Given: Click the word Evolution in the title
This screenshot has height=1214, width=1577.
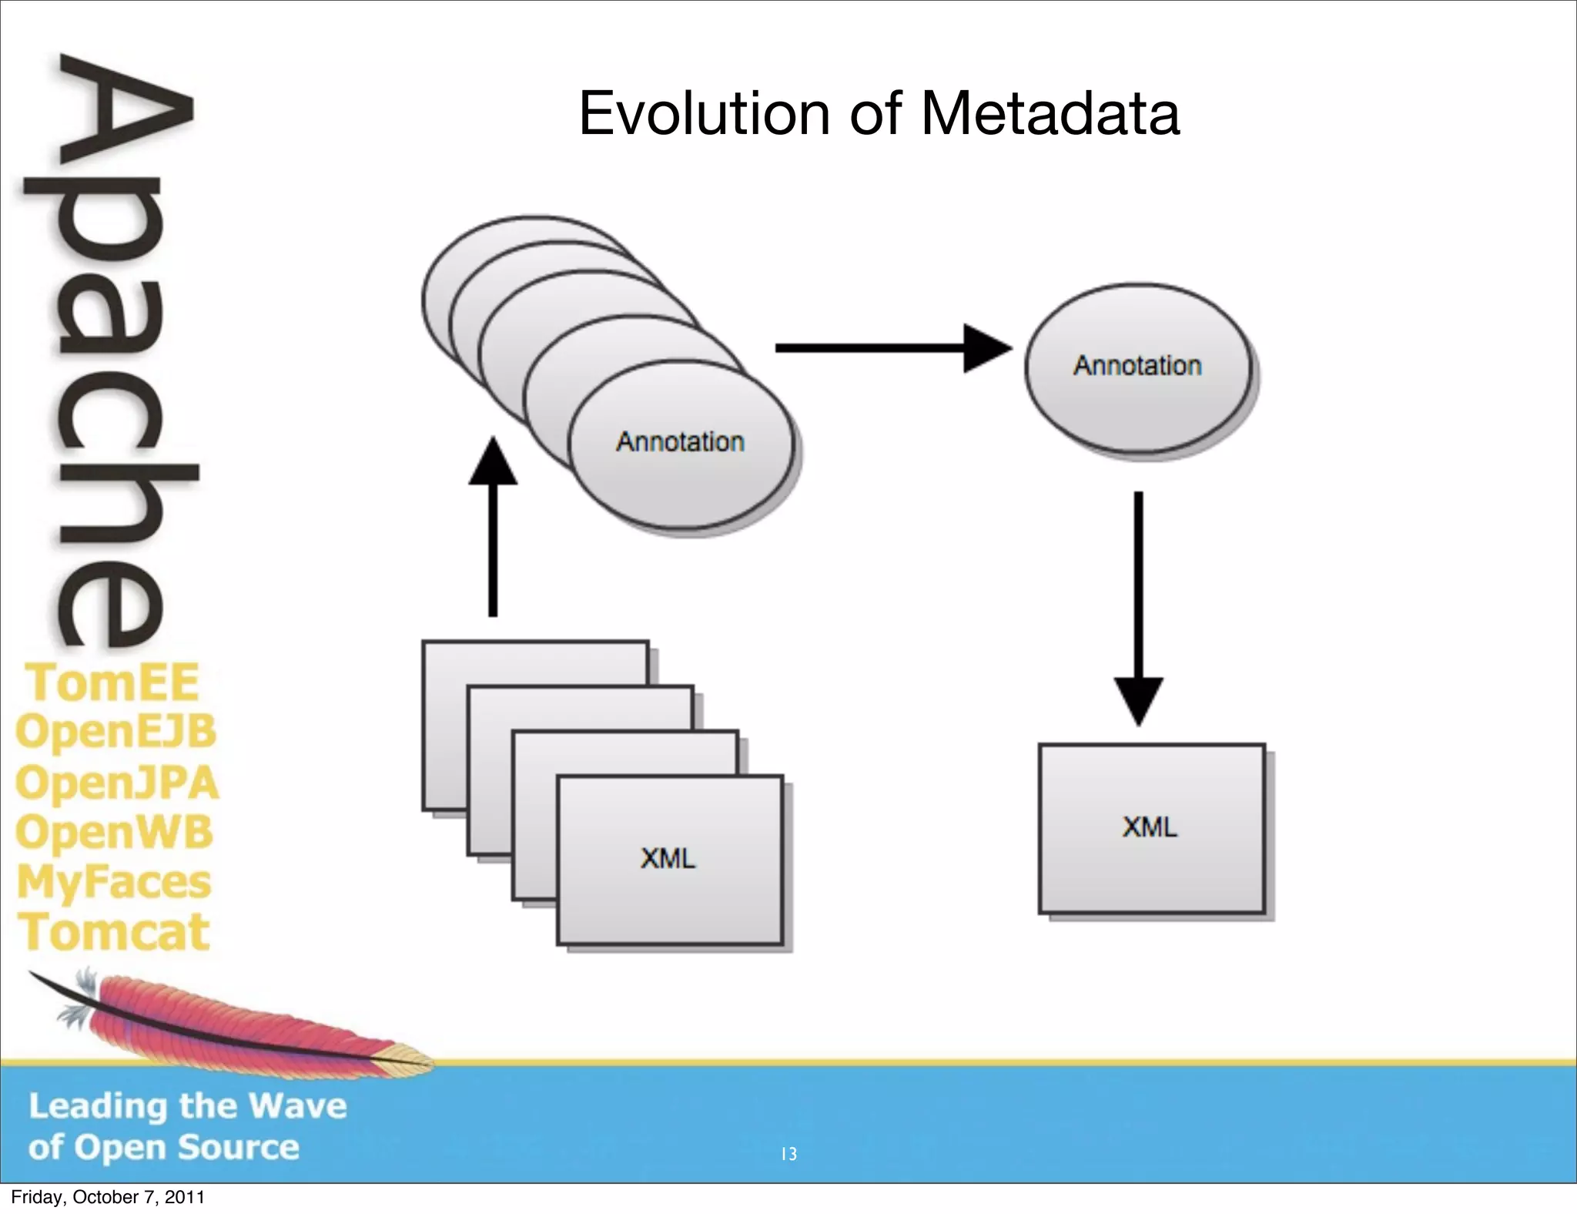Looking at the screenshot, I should [703, 114].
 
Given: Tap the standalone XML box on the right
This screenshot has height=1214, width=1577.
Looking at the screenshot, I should [1151, 828].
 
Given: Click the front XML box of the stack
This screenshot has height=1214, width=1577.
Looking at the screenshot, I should [669, 859].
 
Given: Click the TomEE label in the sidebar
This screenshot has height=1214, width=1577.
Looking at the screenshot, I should [113, 682].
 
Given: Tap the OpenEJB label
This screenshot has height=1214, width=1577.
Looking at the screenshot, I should [116, 732].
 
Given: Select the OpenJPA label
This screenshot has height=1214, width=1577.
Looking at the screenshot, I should [117, 783].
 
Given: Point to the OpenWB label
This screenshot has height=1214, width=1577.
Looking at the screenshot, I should [114, 833].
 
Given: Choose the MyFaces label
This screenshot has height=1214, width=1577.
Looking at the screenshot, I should [114, 883].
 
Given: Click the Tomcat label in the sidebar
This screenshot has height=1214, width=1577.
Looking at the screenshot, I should [114, 932].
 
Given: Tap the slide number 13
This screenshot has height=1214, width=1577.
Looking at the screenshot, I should [788, 1154].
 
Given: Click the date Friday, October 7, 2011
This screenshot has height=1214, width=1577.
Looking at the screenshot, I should [108, 1197].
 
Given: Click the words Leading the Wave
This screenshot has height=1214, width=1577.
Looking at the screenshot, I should [188, 1106].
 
